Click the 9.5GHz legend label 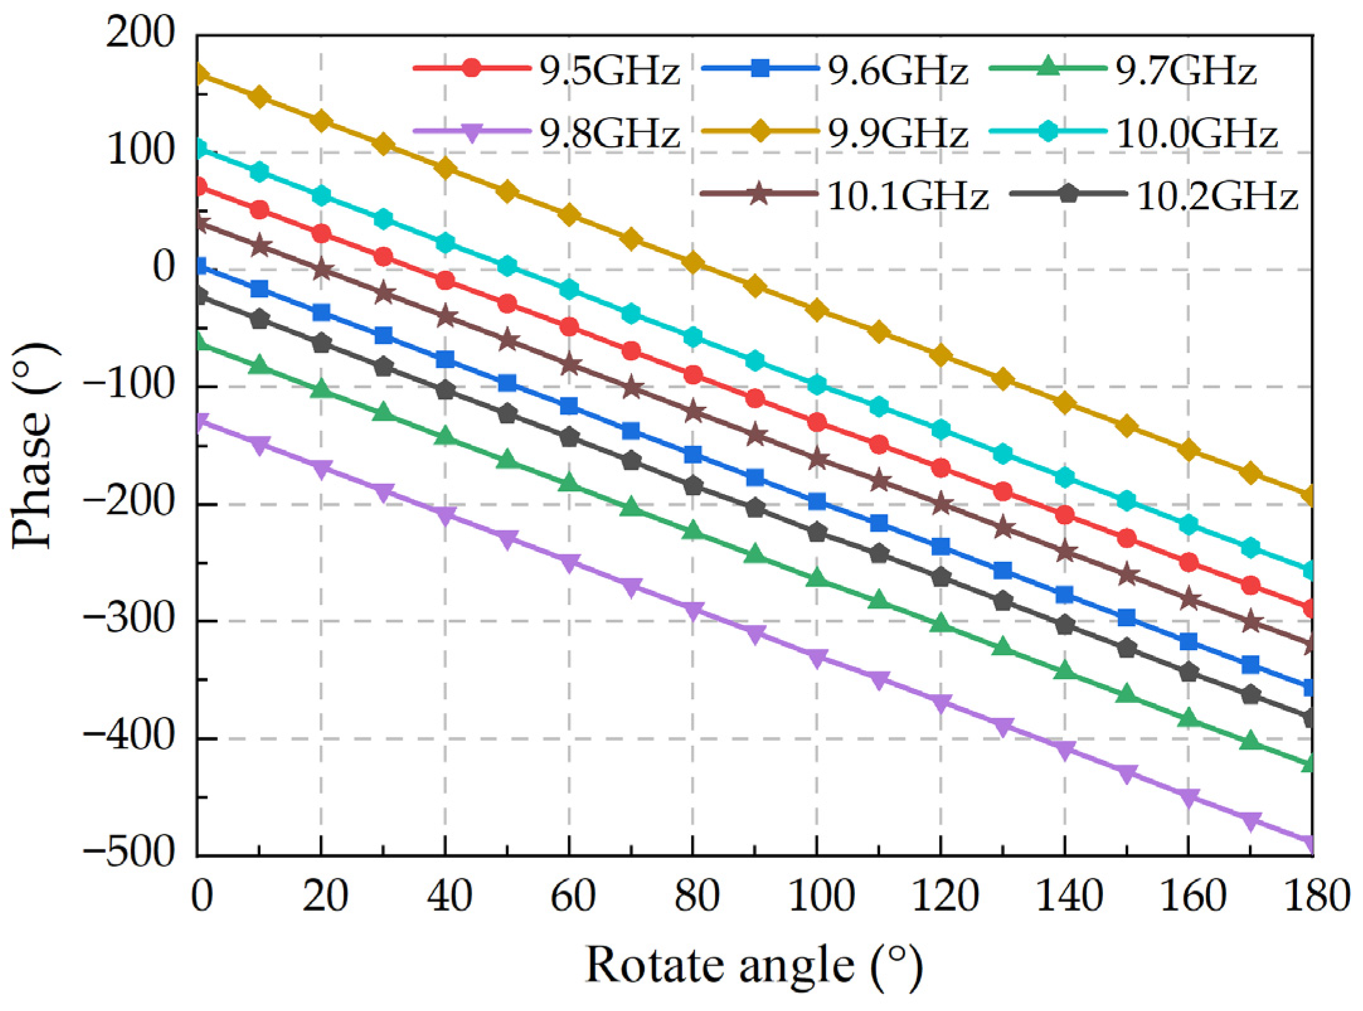609,71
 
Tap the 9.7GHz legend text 1185,71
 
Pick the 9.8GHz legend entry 609,134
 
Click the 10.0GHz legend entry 1196,134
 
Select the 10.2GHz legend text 1217,197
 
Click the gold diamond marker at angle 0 200,74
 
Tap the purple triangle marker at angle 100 817,659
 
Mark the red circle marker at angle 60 569,327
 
